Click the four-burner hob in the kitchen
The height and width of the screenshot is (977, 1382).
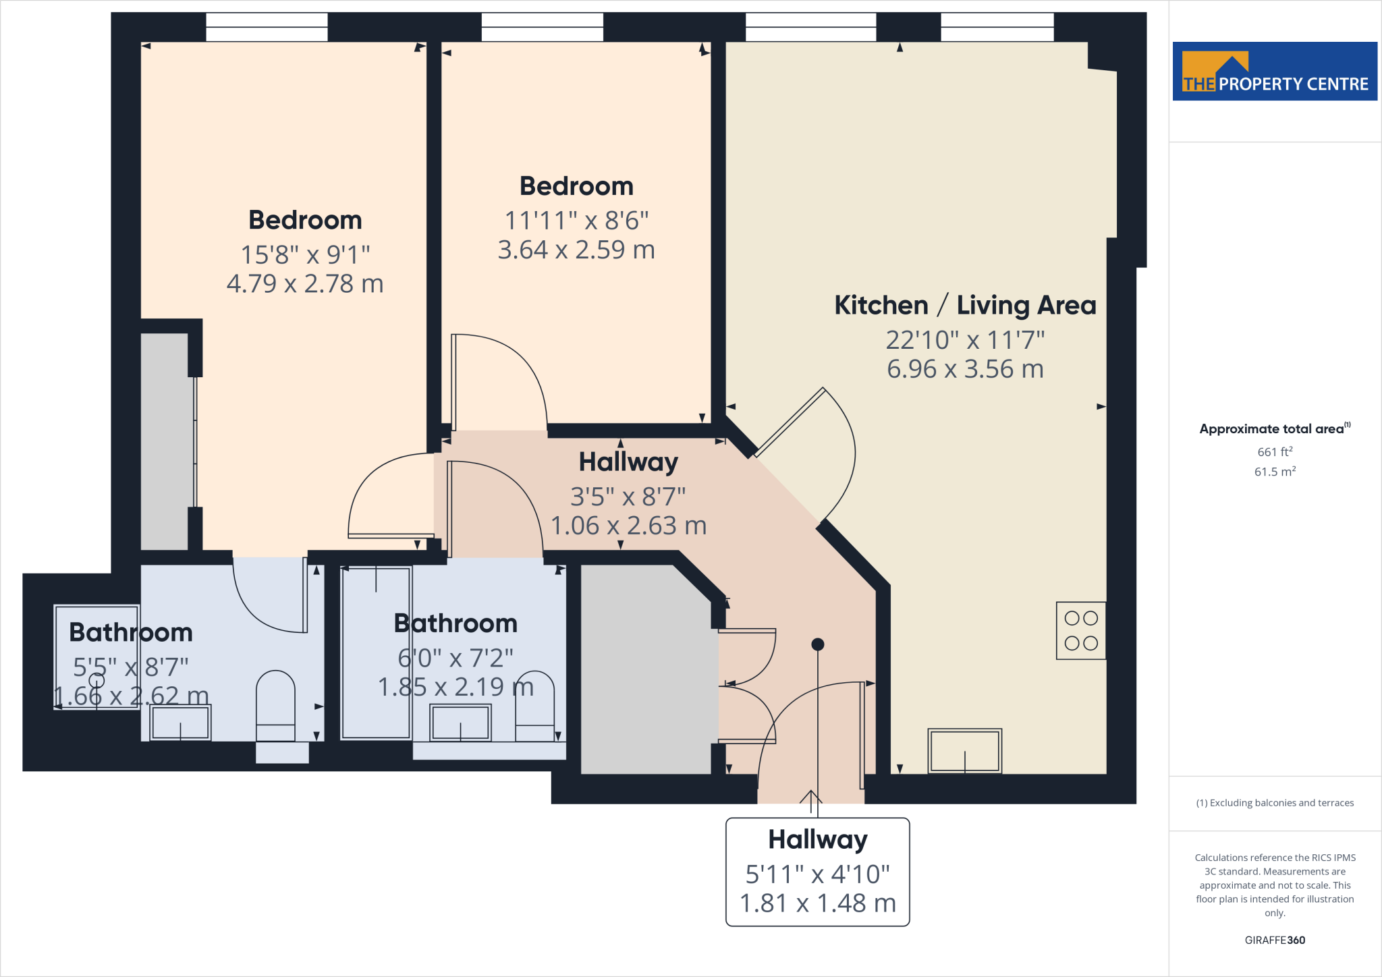pos(1080,630)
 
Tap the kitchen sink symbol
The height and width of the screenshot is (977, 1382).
pos(964,751)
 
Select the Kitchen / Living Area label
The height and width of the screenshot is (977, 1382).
pos(965,305)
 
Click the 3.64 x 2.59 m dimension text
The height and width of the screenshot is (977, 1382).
pos(576,250)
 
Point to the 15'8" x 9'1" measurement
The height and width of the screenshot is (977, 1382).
pos(305,254)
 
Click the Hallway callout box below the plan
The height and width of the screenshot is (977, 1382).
pos(817,872)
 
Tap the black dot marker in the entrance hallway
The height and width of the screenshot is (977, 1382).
pos(817,644)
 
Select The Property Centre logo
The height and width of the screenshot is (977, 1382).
pos(1274,72)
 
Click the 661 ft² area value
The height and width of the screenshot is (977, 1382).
pos(1274,451)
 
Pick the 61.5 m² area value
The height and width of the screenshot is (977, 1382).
pos(1274,472)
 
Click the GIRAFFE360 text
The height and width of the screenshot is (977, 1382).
pos(1274,940)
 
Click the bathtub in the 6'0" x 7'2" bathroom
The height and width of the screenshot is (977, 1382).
pos(376,653)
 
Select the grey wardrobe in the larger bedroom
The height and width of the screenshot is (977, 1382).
pos(164,441)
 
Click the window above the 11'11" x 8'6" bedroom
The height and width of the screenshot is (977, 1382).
pos(542,27)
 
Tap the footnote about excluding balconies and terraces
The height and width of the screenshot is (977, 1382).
pos(1274,803)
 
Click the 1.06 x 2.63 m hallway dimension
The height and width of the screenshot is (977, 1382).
pos(628,526)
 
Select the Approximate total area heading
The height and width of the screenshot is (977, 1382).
pos(1273,428)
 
